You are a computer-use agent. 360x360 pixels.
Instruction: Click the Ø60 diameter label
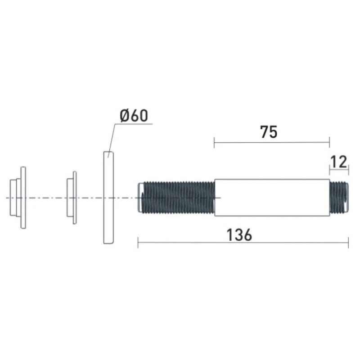coord(134,116)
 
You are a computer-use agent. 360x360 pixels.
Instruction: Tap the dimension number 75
coord(269,132)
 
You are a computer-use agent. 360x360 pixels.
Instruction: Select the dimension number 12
coord(339,162)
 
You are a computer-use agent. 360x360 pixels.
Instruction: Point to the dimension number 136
coord(239,235)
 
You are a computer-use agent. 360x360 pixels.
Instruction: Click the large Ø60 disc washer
coord(108,198)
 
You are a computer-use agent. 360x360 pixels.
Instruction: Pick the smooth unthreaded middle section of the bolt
coord(272,198)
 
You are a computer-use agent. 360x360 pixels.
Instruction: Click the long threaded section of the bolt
coord(179,198)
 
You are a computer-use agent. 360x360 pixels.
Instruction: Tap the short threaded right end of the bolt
coord(339,198)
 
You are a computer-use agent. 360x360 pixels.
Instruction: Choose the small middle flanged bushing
coord(72,198)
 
